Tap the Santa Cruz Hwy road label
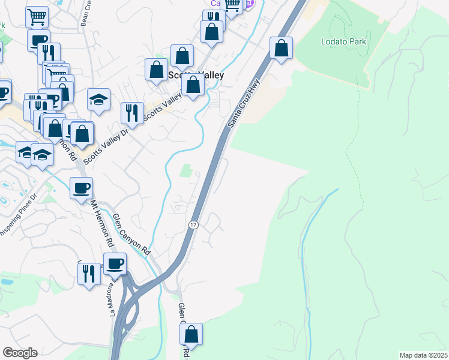(x=243, y=103)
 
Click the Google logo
(x=20, y=353)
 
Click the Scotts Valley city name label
(x=196, y=76)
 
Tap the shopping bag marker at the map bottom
(x=191, y=334)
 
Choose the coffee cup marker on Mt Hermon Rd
(x=81, y=188)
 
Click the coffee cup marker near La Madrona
(x=115, y=263)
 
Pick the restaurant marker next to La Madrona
(x=89, y=274)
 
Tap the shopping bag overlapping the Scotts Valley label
(x=193, y=85)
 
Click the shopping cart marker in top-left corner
(x=37, y=17)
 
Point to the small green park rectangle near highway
(x=187, y=170)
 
